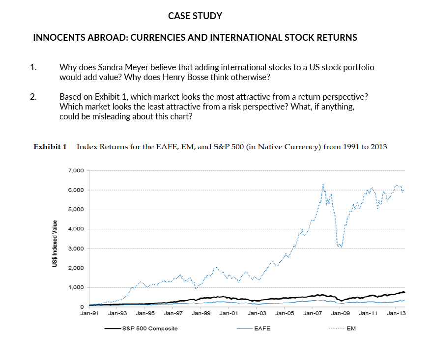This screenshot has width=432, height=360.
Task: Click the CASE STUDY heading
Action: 195,16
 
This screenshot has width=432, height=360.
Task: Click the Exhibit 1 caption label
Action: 50,146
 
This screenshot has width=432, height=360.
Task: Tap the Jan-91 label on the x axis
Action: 89,313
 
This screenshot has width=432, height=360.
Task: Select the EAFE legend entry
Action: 262,328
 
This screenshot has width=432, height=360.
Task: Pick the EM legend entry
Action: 351,328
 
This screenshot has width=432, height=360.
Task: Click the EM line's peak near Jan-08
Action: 323,184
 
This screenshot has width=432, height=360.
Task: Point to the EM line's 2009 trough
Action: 340,247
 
